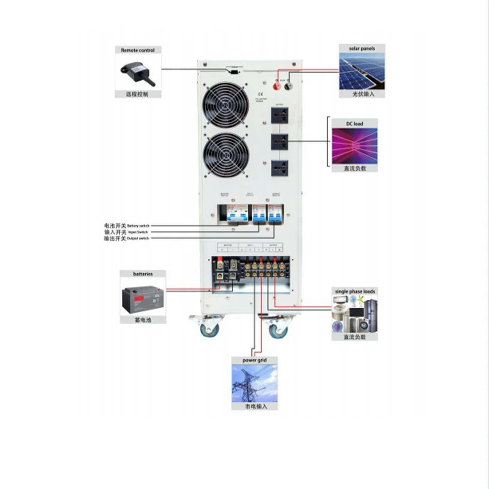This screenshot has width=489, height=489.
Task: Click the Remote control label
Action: pos(138,50)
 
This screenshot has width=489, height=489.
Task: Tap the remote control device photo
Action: pos(138,71)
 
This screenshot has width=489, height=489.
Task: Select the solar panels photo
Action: pos(362,71)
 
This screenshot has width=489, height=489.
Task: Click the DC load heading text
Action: pos(355,124)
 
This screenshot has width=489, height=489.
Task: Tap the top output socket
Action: pos(278,117)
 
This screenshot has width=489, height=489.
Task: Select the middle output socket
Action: pos(278,142)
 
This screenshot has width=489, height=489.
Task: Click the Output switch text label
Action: pos(137,238)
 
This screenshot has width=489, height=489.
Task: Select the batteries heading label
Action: pos(143,274)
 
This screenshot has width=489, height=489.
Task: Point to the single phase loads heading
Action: pos(355,291)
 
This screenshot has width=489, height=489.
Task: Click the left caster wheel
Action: pos(210,328)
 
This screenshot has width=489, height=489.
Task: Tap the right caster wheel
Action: pos(278,328)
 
